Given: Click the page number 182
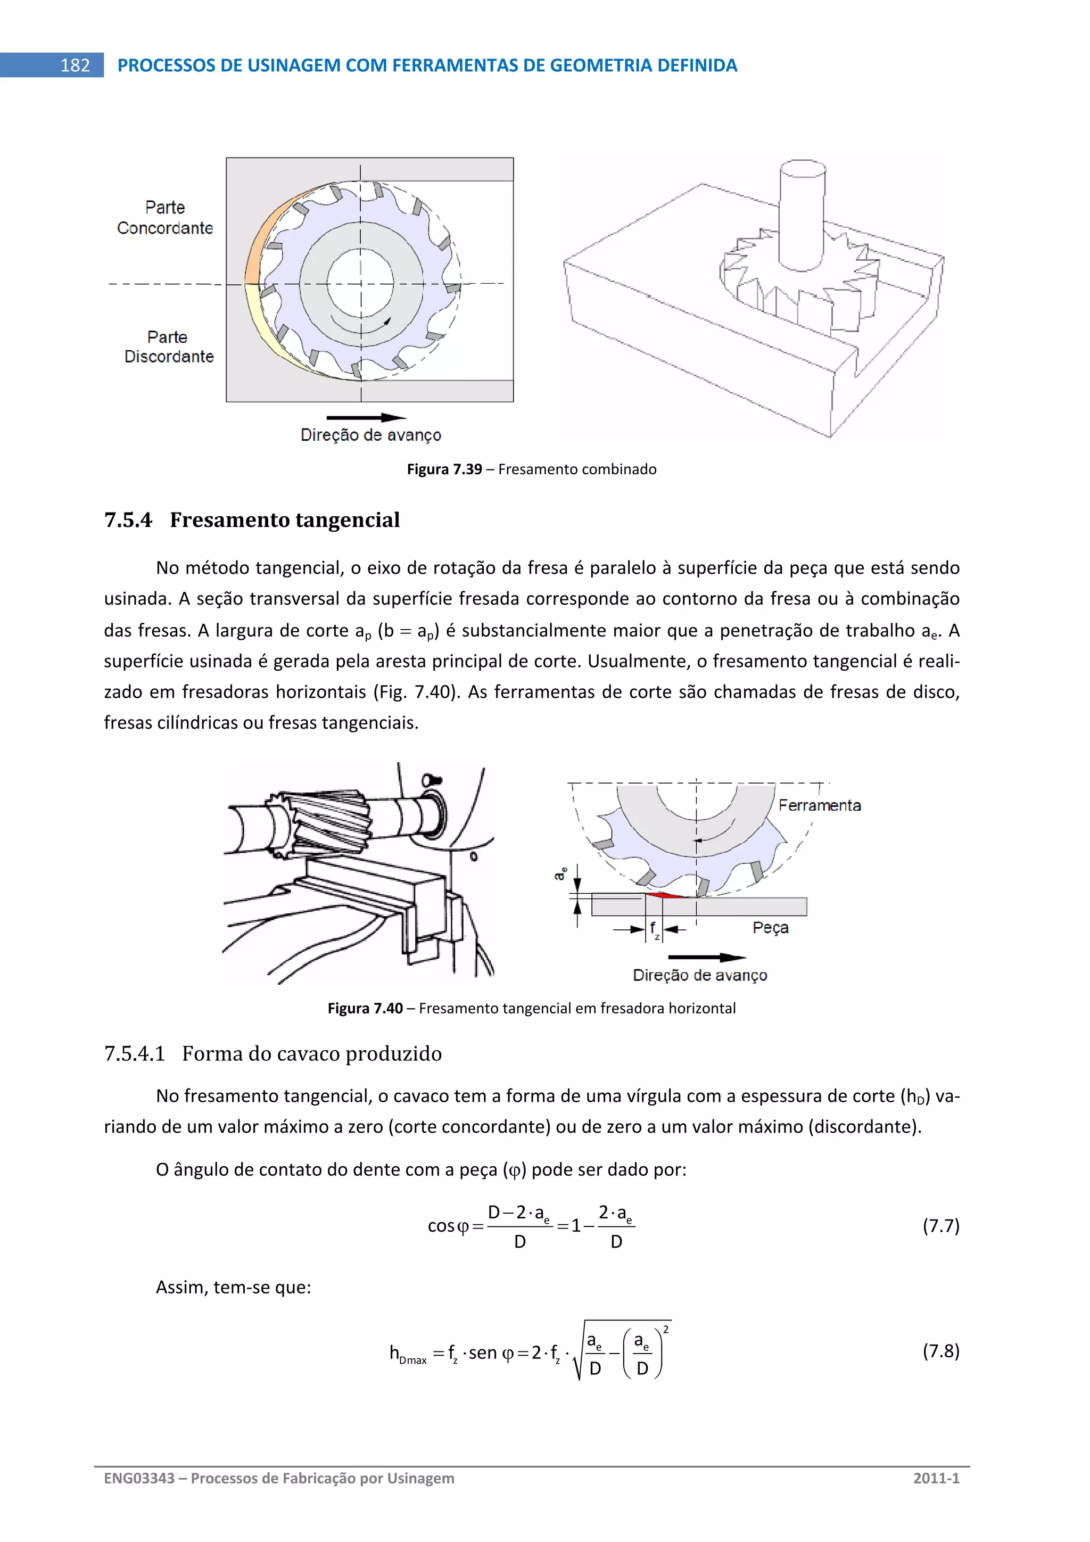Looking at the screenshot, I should [75, 65].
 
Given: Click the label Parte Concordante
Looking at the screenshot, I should [164, 218].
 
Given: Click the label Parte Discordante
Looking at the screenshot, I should [169, 347].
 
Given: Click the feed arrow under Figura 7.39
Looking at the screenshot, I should [366, 417].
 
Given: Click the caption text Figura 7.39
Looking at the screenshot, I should [444, 469].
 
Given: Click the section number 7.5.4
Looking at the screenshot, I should [128, 520].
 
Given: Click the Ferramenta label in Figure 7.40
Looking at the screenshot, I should [819, 805].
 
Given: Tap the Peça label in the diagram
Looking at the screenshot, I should [770, 927].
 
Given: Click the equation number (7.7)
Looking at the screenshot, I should [940, 1226].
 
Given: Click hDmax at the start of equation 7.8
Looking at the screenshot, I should [408, 1354].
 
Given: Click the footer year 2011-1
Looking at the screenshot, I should [936, 1478].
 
